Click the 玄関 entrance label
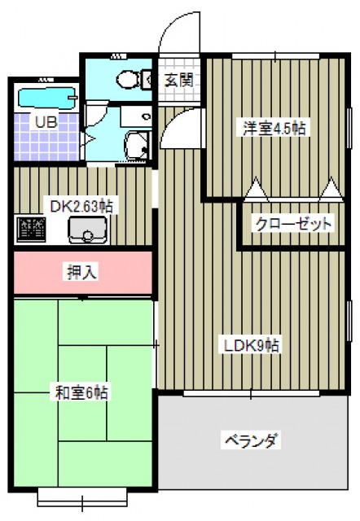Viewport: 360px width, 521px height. [x=179, y=80]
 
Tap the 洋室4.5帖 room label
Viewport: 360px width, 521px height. [x=274, y=128]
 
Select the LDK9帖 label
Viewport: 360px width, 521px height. [x=252, y=345]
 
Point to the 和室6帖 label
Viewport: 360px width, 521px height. [x=81, y=393]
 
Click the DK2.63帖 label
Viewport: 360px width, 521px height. [x=81, y=207]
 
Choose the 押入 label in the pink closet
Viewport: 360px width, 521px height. [x=81, y=273]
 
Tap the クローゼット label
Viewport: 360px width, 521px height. [x=293, y=225]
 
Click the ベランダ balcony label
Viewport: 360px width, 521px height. [x=252, y=441]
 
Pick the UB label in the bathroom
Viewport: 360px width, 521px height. [x=46, y=122]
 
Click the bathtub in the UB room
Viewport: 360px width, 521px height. [x=47, y=99]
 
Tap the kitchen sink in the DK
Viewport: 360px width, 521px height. [x=87, y=230]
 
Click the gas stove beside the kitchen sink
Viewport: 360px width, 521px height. [x=31, y=229]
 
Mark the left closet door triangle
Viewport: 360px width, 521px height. [x=256, y=190]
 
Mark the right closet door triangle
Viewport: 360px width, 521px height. [x=331, y=190]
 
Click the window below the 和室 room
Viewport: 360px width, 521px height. [x=82, y=497]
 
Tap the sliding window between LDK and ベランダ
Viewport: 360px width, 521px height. [x=252, y=393]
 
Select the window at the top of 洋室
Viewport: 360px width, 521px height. [x=275, y=56]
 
